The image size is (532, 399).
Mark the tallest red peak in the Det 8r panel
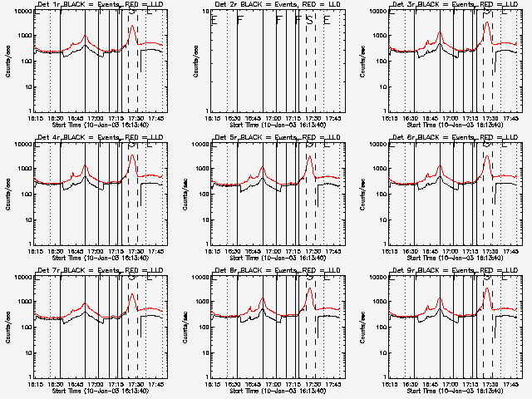(309, 288)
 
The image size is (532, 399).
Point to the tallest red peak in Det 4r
(132, 155)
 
